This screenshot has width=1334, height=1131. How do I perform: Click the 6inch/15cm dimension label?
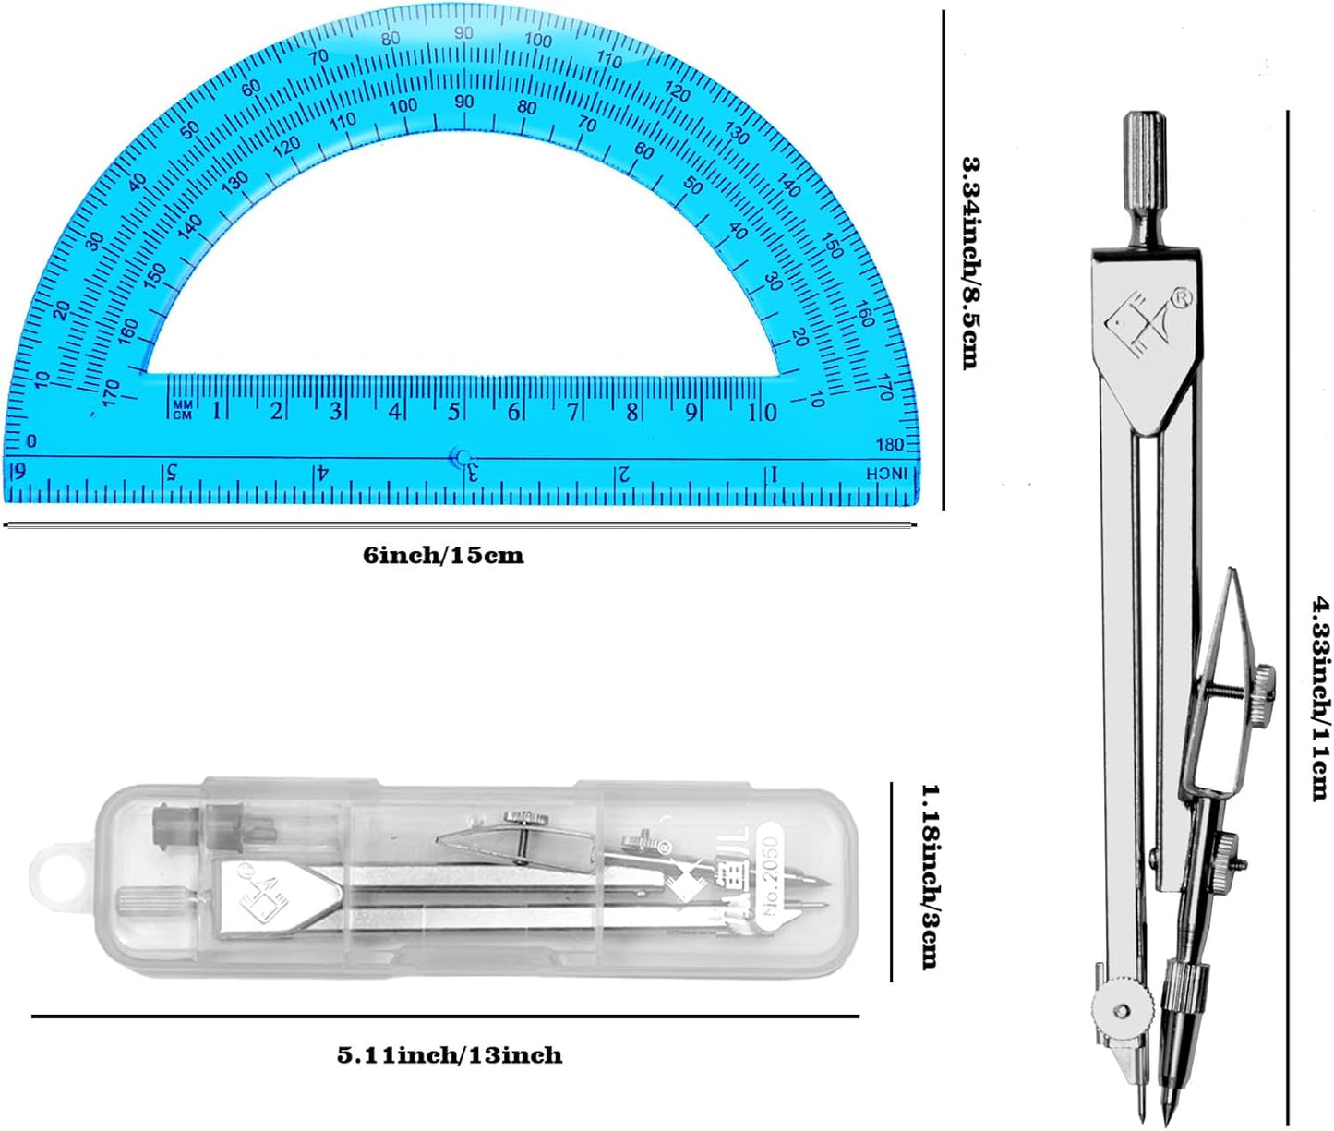tap(442, 556)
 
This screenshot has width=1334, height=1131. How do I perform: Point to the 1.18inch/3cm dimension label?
tap(930, 876)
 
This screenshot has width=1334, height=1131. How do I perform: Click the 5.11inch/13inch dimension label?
tap(449, 1054)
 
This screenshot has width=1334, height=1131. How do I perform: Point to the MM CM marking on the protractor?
tap(182, 410)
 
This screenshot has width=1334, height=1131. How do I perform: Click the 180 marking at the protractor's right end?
tap(889, 445)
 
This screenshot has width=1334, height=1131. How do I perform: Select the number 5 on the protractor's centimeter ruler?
tap(453, 411)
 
